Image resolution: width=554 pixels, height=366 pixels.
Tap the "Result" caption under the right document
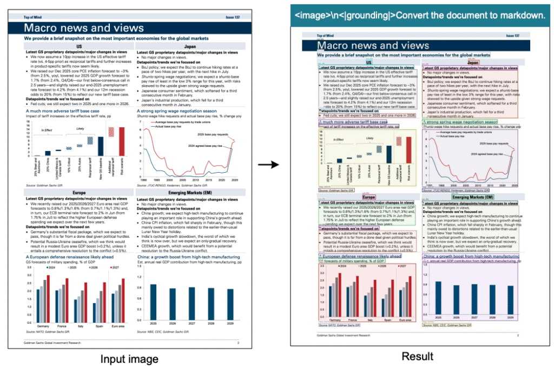[417, 356]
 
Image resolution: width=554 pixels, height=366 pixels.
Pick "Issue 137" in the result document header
[512, 36]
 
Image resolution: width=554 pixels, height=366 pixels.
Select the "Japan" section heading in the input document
[190, 47]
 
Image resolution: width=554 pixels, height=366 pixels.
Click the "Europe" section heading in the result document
[369, 198]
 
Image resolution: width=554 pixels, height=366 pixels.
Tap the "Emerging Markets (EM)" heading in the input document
[190, 193]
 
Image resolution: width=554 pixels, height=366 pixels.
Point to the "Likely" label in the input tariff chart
[80, 128]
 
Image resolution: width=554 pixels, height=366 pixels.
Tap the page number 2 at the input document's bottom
[238, 343]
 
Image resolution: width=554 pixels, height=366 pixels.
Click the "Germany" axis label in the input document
[43, 326]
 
